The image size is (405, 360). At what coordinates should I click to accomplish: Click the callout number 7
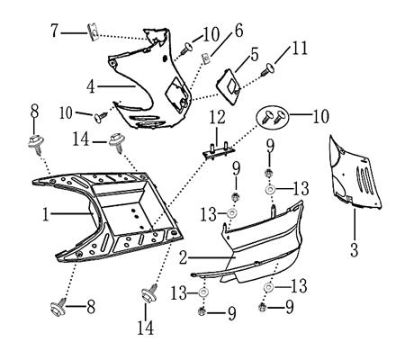[54, 31]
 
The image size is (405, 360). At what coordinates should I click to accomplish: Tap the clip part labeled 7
[93, 32]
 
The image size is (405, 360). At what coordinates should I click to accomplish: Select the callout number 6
[238, 31]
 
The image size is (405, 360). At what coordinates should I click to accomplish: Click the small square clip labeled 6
[206, 58]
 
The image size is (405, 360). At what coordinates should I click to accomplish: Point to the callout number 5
[254, 55]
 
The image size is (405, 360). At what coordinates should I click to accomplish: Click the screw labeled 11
[268, 69]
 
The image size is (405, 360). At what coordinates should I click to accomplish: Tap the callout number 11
[300, 49]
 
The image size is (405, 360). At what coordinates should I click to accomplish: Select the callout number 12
[218, 117]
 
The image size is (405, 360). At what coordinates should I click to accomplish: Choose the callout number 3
[355, 250]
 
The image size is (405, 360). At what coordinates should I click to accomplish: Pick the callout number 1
[46, 215]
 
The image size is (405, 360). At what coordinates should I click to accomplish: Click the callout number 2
[184, 258]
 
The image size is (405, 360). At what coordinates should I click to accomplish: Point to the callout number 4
[91, 87]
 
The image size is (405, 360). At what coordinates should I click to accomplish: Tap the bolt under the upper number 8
[36, 144]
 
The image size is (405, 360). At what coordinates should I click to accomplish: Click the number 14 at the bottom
[146, 328]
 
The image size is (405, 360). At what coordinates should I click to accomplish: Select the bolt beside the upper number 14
[117, 142]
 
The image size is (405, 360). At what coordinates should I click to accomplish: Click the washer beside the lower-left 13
[203, 292]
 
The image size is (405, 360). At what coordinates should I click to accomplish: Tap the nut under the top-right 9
[268, 173]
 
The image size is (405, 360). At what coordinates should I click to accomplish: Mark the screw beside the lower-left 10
[101, 117]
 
